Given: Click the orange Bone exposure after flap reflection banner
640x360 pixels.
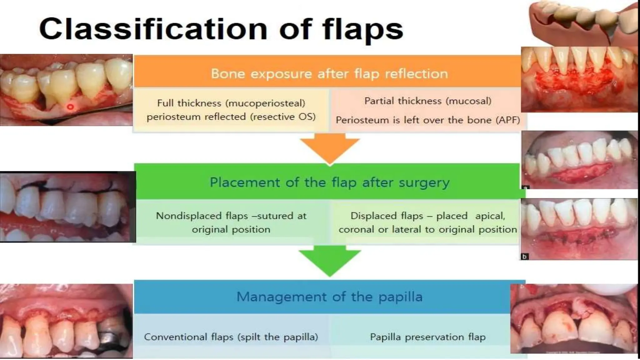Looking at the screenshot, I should (329, 74).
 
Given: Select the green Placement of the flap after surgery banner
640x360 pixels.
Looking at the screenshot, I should (329, 182).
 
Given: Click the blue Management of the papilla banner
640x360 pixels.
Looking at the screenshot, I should (329, 297).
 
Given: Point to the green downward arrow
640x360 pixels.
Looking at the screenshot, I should (330, 261).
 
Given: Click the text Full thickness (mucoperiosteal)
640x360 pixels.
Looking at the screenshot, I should (231, 103).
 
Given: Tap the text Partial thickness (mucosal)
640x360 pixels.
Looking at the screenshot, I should (427, 101).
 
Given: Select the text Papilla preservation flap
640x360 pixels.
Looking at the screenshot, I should (427, 337).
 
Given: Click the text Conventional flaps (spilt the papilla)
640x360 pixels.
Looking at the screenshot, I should (231, 337).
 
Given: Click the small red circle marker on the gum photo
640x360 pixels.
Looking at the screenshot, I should (70, 107).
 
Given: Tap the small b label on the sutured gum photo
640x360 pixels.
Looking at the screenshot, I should (524, 257).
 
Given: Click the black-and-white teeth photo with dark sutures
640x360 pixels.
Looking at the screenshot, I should (67, 207).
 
